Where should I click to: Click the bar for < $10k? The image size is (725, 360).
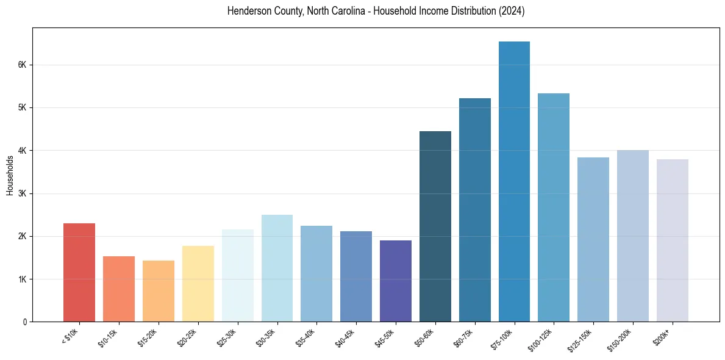click(79, 272)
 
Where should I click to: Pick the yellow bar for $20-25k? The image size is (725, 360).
click(198, 284)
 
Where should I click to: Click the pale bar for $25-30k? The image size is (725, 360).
click(238, 275)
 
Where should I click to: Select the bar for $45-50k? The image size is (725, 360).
click(396, 281)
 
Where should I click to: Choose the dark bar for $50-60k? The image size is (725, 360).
click(435, 226)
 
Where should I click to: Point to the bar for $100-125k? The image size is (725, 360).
click(554, 207)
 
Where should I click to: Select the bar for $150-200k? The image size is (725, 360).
click(633, 236)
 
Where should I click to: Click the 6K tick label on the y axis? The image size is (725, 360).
click(21, 65)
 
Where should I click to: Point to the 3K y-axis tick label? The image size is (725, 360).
click(21, 193)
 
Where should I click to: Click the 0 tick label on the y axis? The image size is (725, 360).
click(24, 322)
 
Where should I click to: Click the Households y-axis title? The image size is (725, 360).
click(10, 175)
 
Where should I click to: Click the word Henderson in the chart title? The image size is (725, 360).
click(247, 11)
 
